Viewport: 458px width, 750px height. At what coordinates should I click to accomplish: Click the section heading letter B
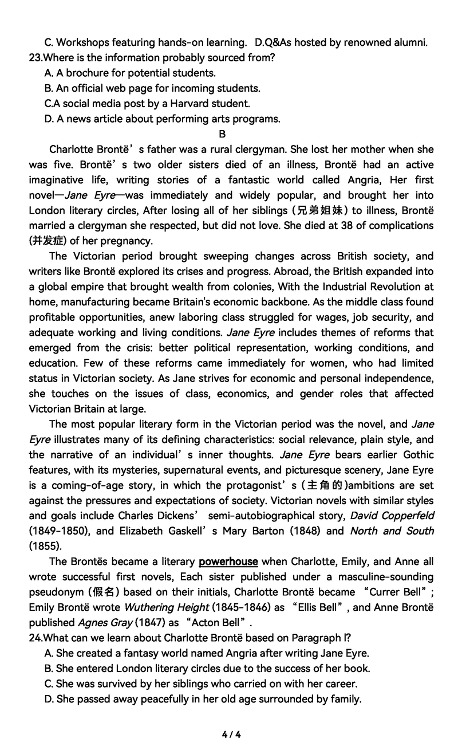click(223, 134)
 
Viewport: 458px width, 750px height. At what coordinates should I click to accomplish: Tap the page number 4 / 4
click(231, 735)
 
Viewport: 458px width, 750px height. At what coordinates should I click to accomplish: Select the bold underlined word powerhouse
click(228, 561)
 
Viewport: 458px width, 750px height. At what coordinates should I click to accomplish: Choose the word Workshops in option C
click(82, 42)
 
